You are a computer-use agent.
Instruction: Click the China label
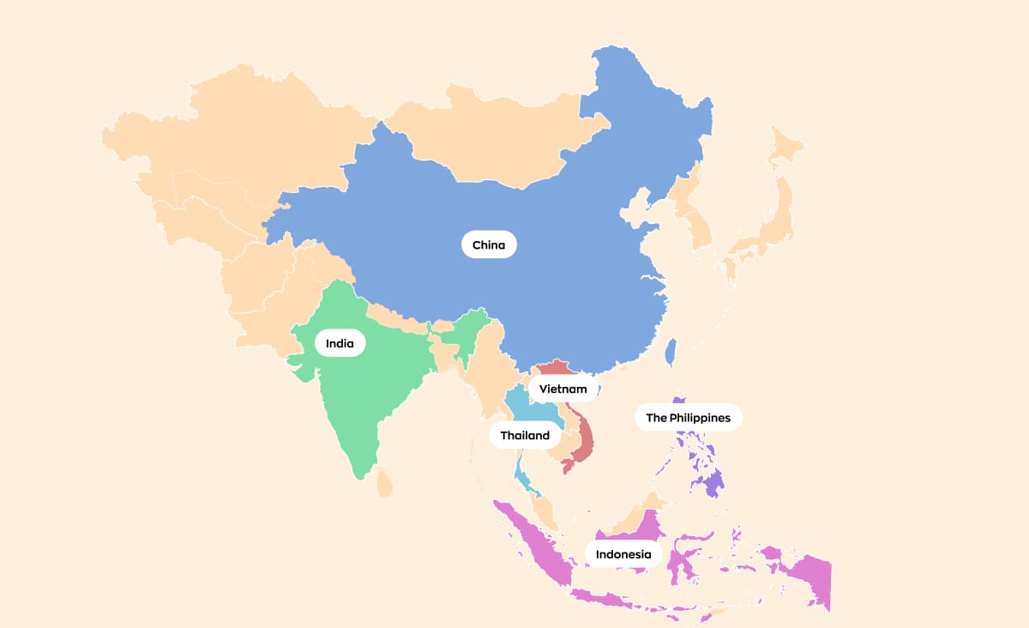pyautogui.click(x=489, y=245)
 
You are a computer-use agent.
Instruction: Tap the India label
pyautogui.click(x=340, y=343)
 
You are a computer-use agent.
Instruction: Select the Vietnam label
pyautogui.click(x=563, y=389)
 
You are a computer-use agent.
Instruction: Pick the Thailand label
pyautogui.click(x=525, y=435)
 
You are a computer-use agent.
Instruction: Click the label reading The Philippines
pyautogui.click(x=688, y=418)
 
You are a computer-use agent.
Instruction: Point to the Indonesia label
pyautogui.click(x=623, y=554)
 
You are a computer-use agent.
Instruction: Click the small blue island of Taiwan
pyautogui.click(x=671, y=351)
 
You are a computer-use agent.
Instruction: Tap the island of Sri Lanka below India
pyautogui.click(x=385, y=483)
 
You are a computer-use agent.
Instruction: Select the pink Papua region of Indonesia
pyautogui.click(x=810, y=575)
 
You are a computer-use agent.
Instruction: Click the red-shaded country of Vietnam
pyautogui.click(x=583, y=438)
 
